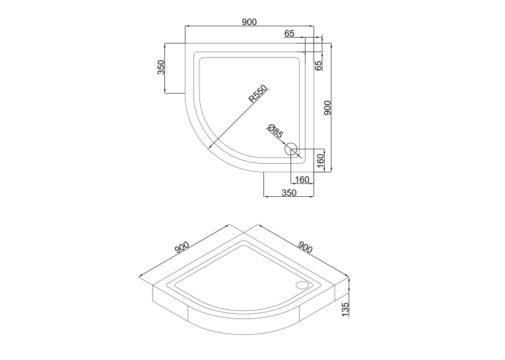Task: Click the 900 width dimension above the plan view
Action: pyautogui.click(x=250, y=22)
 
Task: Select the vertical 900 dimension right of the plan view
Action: pyautogui.click(x=327, y=108)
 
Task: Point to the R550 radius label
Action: pyautogui.click(x=257, y=93)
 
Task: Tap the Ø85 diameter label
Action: pyautogui.click(x=275, y=131)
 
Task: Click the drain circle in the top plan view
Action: pyautogui.click(x=291, y=149)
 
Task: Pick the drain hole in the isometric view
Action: pyautogui.click(x=302, y=285)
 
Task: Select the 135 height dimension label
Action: pyautogui.click(x=345, y=309)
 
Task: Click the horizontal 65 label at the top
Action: pyautogui.click(x=289, y=33)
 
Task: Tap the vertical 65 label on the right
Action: pyautogui.click(x=318, y=66)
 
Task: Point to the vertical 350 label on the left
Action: pyautogui.click(x=160, y=67)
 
